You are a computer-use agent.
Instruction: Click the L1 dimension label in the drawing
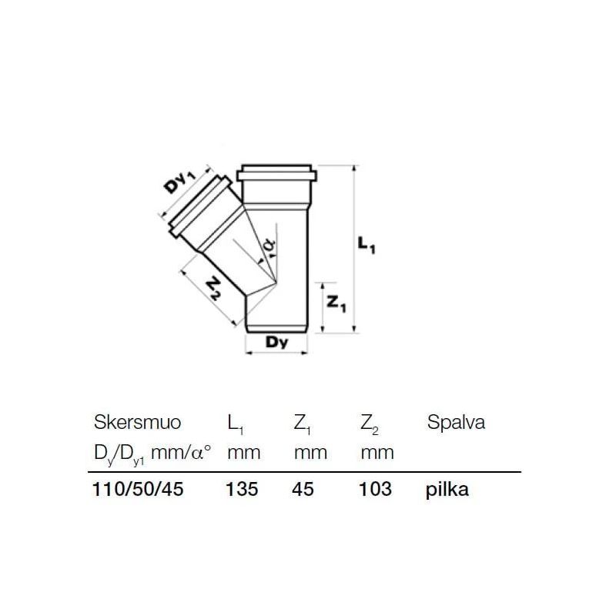click(369, 246)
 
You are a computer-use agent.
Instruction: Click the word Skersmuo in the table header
click(137, 423)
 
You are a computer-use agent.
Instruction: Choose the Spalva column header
click(455, 423)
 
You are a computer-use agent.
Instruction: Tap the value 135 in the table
click(241, 489)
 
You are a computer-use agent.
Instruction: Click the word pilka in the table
click(447, 490)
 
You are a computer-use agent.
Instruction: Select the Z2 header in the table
click(370, 424)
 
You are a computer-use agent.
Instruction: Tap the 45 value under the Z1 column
click(304, 489)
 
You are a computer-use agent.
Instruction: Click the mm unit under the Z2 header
click(377, 452)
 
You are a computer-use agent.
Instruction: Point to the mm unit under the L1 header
click(243, 452)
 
